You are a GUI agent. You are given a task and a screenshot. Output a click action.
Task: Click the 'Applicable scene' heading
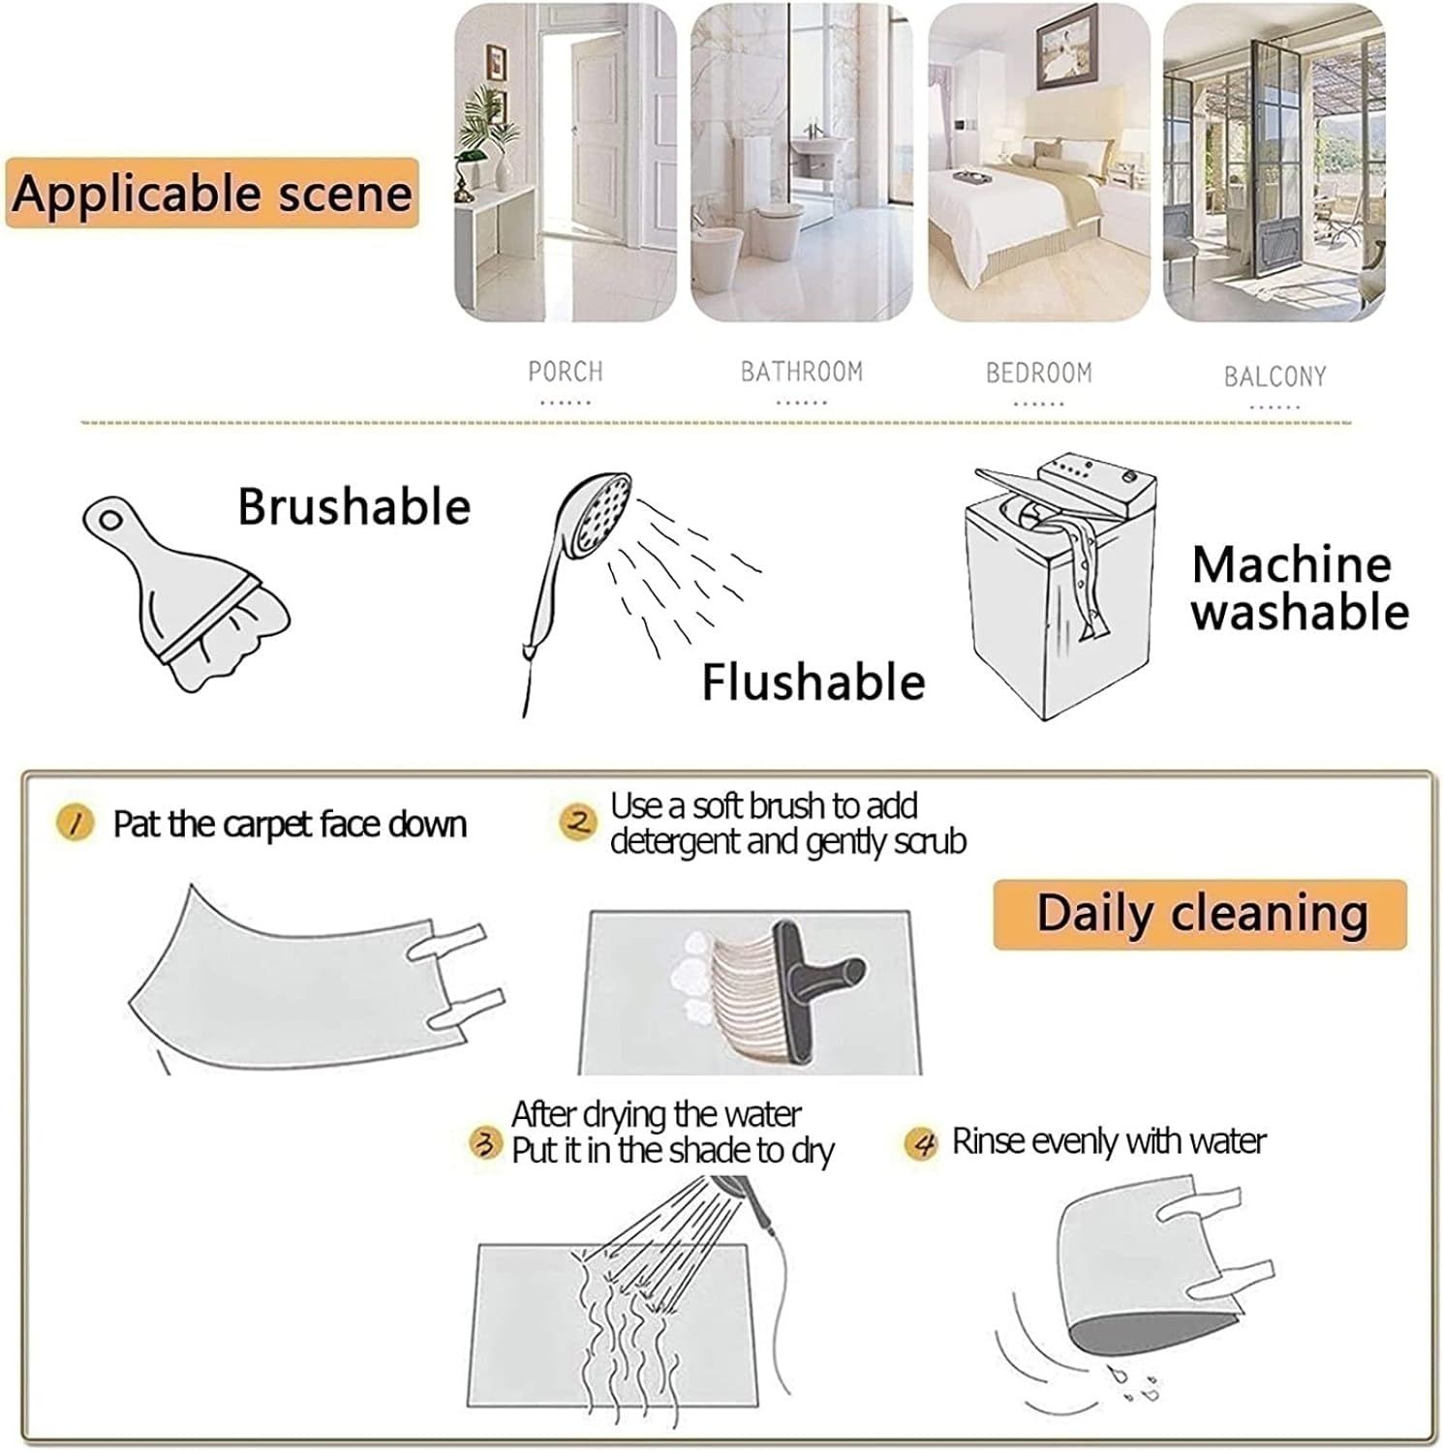[212, 193]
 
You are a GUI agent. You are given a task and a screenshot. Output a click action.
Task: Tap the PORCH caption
[566, 372]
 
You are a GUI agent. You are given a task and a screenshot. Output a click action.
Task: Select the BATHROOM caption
[802, 372]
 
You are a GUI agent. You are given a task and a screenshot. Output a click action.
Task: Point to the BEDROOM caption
[1039, 373]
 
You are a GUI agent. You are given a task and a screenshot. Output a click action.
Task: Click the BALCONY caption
[1275, 377]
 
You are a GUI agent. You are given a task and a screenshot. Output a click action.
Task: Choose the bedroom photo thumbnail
[1039, 163]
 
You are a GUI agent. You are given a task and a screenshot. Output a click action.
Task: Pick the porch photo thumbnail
[567, 163]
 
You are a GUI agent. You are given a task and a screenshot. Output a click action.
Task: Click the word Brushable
[354, 506]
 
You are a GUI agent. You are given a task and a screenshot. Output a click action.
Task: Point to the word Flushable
[814, 682]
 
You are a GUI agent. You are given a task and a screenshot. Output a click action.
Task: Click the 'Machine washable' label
[1300, 588]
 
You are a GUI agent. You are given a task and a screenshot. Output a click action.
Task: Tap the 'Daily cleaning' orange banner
[1200, 915]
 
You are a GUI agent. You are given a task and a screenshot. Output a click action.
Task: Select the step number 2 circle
[579, 823]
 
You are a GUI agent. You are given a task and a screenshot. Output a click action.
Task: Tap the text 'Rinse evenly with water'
[1109, 1142]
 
